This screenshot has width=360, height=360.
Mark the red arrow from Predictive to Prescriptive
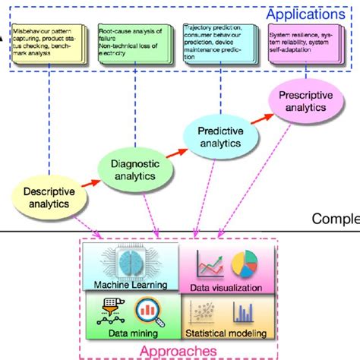pyautogui.click(x=262, y=118)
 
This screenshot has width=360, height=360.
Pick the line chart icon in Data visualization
pyautogui.click(x=210, y=264)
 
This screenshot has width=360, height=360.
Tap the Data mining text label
pyautogui.click(x=133, y=333)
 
